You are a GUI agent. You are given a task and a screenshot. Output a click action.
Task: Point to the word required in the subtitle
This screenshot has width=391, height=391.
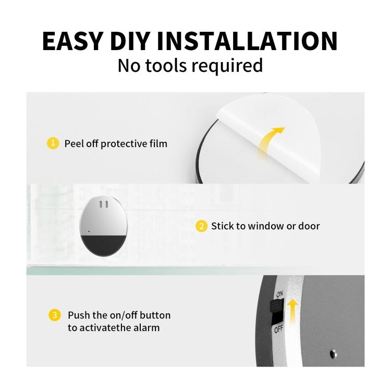click(227, 66)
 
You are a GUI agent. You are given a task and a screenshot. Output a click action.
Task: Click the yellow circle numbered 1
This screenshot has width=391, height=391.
click(53, 143)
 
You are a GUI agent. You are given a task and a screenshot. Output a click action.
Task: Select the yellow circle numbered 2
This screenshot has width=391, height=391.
click(201, 226)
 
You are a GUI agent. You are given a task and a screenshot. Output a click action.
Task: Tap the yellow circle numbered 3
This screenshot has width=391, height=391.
click(54, 315)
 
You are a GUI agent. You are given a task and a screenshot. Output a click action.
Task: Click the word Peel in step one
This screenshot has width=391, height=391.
click(74, 143)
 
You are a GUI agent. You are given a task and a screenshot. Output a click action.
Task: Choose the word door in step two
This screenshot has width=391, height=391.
click(309, 226)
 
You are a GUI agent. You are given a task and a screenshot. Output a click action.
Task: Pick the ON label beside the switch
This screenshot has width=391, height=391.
click(279, 295)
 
